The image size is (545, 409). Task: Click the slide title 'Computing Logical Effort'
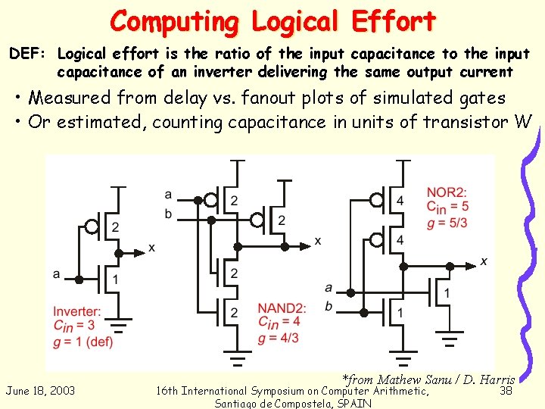click(272, 21)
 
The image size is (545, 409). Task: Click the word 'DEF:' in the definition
click(30, 55)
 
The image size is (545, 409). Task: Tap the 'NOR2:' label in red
click(446, 192)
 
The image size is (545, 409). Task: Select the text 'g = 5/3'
click(447, 222)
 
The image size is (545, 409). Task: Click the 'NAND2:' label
click(282, 308)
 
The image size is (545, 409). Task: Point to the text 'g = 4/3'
click(279, 337)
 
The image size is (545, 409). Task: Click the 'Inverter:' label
click(77, 311)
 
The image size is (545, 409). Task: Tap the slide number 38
click(506, 391)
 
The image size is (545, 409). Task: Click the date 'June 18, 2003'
click(40, 391)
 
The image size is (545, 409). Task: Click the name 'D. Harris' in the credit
click(489, 379)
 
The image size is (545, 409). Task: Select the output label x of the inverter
click(152, 248)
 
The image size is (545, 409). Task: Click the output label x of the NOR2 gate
click(484, 261)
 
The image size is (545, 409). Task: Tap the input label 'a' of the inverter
click(57, 273)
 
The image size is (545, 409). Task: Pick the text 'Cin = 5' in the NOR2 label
click(447, 207)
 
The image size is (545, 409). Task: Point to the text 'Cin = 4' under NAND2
click(279, 323)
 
